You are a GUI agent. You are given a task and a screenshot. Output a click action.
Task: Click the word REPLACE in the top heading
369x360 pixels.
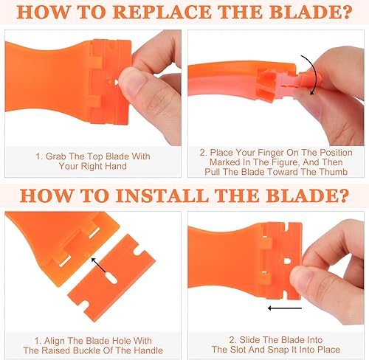(x=162, y=12)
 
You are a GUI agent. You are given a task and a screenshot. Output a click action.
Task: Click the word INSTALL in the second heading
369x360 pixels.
(x=162, y=195)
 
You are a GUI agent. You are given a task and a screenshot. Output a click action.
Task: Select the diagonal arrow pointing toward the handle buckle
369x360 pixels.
(x=98, y=265)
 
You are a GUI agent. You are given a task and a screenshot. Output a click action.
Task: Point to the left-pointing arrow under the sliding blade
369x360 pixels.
(x=285, y=308)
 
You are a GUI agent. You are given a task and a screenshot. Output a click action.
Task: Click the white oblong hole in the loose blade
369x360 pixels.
(x=111, y=278)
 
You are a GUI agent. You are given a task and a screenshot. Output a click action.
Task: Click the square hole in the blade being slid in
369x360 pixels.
(x=287, y=260)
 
